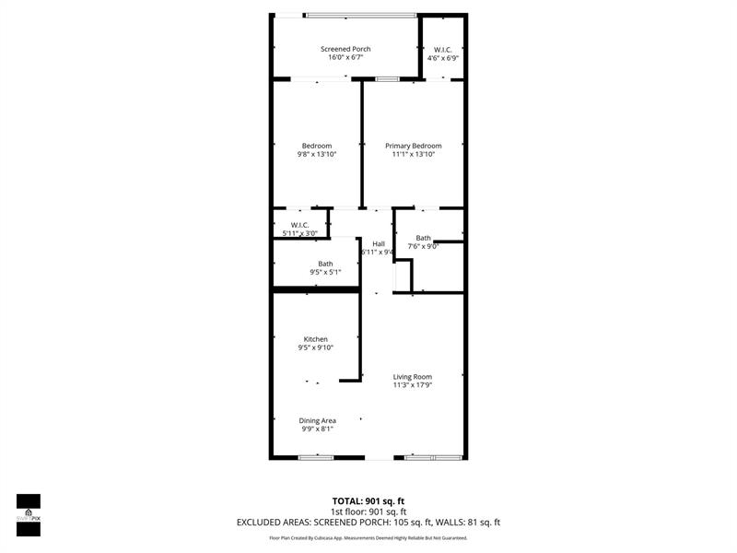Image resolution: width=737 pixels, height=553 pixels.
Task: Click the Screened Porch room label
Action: (345, 48)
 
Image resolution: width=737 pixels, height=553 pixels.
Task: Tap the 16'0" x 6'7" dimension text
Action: (345, 57)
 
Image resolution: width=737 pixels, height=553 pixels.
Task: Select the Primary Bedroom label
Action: (413, 146)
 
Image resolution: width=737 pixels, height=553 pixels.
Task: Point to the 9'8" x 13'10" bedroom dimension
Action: (317, 154)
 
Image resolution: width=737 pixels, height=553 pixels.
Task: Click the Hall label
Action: (378, 243)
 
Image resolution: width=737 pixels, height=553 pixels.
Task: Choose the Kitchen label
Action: (316, 339)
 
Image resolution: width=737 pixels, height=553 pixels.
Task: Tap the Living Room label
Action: (412, 376)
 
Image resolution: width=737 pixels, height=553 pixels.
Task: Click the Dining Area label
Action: (317, 420)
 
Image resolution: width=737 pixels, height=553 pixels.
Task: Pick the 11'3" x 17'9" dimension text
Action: (412, 385)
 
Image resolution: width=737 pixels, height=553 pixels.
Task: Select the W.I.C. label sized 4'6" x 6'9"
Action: (442, 50)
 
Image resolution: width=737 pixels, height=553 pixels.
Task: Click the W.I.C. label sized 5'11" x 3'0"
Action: (299, 225)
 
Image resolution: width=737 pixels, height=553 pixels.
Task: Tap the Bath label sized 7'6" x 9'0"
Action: (424, 238)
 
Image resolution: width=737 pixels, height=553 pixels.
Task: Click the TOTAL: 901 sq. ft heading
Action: (368, 500)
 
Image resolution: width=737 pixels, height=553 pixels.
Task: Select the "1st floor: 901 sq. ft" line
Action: (368, 512)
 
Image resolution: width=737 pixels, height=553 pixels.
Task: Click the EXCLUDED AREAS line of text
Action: (368, 523)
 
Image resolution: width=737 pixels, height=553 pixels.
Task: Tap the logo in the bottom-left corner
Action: (29, 514)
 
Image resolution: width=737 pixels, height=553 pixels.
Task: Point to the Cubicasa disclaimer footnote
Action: (368, 537)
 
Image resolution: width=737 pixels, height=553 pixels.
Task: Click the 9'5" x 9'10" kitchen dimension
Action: (316, 348)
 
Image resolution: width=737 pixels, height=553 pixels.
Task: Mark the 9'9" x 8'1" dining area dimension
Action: (317, 429)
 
